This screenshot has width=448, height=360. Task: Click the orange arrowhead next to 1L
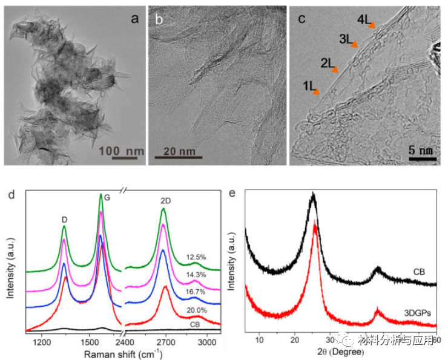click(x=316, y=92)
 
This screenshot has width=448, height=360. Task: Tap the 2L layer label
click(x=327, y=62)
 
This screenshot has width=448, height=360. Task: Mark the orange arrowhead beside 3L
click(x=355, y=44)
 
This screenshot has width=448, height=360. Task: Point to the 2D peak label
click(x=163, y=199)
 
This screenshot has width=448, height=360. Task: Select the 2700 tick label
click(x=165, y=342)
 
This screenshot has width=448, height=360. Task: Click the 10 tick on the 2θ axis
click(x=260, y=340)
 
